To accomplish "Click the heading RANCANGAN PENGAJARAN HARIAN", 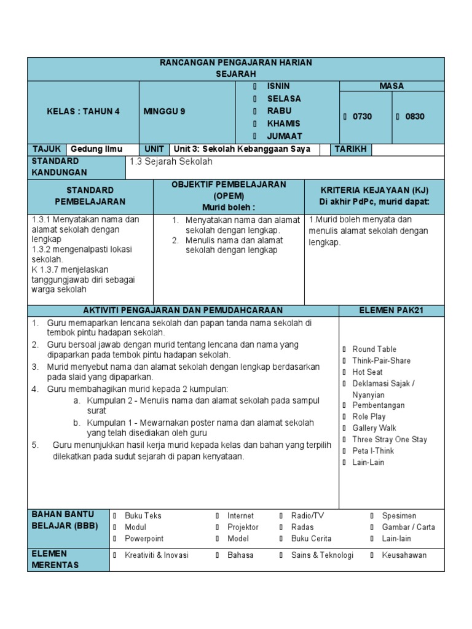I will [236, 63].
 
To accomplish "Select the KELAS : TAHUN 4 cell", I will [84, 112].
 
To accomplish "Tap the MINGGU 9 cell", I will [164, 112].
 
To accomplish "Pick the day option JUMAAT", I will [284, 136].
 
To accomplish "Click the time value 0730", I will [362, 117].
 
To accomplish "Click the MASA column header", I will [391, 87].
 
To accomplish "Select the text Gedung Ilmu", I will [96, 149].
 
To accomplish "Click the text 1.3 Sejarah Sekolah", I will [171, 162].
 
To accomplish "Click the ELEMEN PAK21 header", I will [391, 310].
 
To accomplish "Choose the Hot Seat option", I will [367, 372].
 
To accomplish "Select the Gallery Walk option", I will [374, 428].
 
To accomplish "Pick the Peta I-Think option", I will [372, 451].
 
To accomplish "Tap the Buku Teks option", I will [143, 516].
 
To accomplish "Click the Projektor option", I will [243, 527].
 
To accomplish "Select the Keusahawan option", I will [404, 555].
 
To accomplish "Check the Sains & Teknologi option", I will [322, 555].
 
